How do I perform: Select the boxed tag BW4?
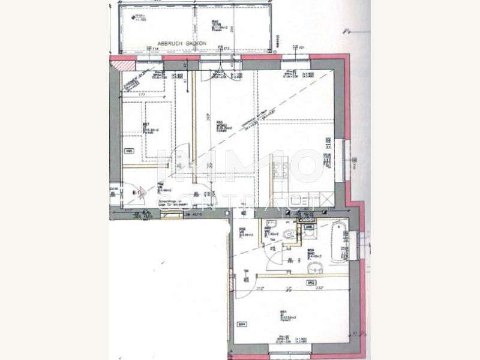(x=242, y=325)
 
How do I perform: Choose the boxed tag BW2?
(x=311, y=281)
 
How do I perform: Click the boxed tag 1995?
(x=128, y=152)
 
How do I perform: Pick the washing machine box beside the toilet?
(x=308, y=227)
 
